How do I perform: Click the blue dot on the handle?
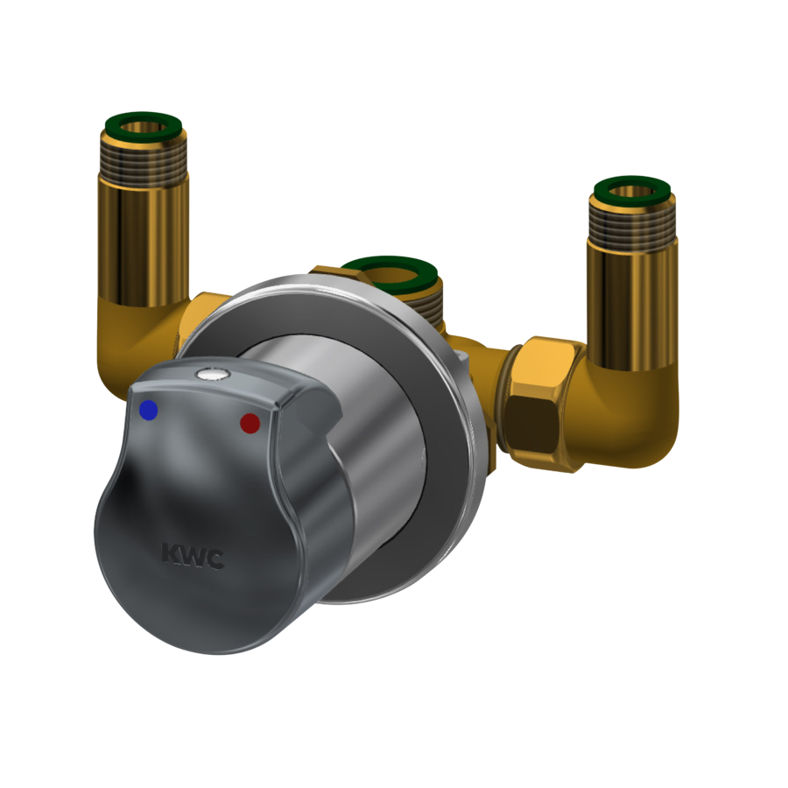149,410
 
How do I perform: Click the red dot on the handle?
250,423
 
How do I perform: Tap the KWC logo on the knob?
193,556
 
